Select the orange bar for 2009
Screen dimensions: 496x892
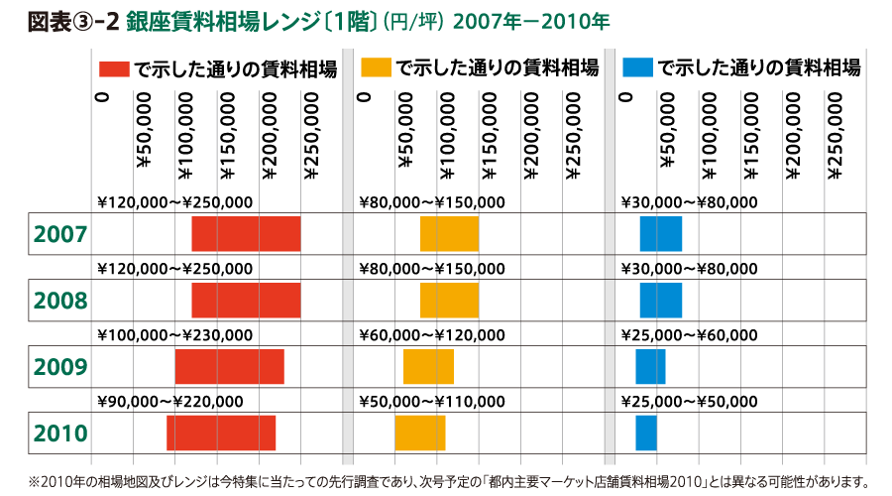coord(428,367)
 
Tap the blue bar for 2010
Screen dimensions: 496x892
coord(646,433)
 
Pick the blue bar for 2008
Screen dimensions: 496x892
coord(661,300)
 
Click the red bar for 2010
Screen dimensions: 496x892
coord(221,433)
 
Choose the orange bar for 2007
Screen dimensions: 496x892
coord(449,233)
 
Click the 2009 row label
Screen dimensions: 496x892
coord(61,367)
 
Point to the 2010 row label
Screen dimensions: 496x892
coord(61,434)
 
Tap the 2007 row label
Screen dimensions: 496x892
coord(61,234)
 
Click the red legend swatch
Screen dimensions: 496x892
coord(114,68)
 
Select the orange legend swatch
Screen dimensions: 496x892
coord(377,68)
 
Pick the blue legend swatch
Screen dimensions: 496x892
coord(638,68)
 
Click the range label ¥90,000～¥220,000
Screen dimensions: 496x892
coord(169,402)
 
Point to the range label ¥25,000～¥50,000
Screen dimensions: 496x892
coord(689,402)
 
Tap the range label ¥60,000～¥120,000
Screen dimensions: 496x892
coord(431,335)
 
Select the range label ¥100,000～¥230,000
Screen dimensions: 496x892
coord(174,335)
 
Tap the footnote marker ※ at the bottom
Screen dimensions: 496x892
coord(34,483)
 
